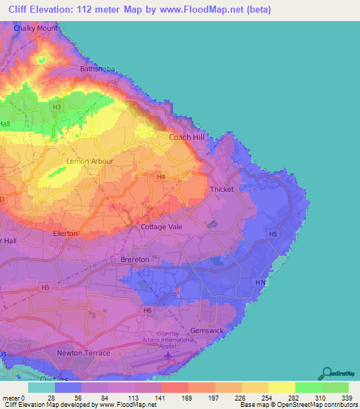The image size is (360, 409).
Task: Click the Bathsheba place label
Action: (96, 69)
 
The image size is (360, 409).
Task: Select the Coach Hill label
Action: (186, 137)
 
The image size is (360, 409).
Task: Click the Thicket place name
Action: (221, 190)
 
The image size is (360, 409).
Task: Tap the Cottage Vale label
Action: (162, 227)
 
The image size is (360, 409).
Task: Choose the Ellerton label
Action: (65, 233)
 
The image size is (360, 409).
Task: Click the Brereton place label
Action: (134, 259)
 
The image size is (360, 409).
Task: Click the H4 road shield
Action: (161, 177)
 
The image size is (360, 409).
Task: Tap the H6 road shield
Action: (147, 310)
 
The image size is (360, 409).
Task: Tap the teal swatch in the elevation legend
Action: (41, 387)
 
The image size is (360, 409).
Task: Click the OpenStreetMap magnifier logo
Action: (326, 375)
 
